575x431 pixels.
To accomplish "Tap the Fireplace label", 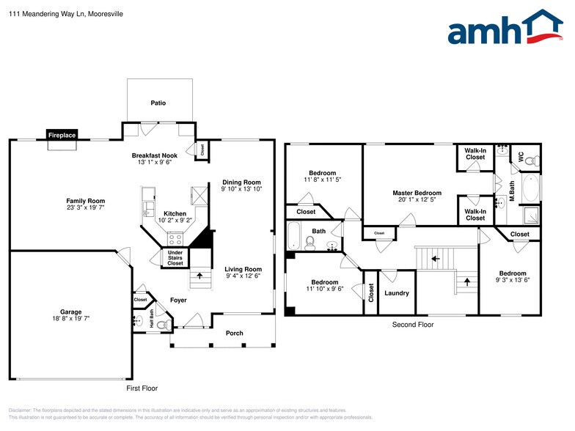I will pyautogui.click(x=62, y=136).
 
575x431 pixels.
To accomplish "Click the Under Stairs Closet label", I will pyautogui.click(x=175, y=257).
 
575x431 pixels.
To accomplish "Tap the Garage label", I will pyautogui.click(x=71, y=312).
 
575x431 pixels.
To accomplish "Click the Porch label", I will pyautogui.click(x=234, y=334).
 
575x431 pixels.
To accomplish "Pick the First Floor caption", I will pyautogui.click(x=142, y=388).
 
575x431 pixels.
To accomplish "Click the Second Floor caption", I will pyautogui.click(x=412, y=324).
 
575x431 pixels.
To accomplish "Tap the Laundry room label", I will pyautogui.click(x=396, y=293).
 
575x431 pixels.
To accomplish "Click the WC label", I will pyautogui.click(x=521, y=157).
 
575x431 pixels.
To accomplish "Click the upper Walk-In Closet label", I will pyautogui.click(x=475, y=154).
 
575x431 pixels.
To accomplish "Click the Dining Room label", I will pyautogui.click(x=241, y=183).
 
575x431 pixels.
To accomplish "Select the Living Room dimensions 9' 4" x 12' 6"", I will pyautogui.click(x=243, y=276).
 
